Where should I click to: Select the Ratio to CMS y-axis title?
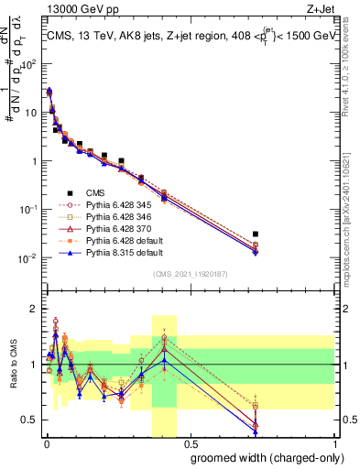tap(13, 377)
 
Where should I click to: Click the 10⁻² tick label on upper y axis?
tap(28, 258)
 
